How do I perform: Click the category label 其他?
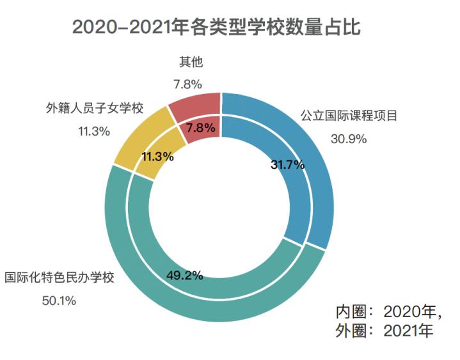coord(187,62)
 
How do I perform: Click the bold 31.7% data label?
coord(287,165)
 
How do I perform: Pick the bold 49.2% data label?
coord(185,276)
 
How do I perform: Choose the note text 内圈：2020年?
coord(388,311)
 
